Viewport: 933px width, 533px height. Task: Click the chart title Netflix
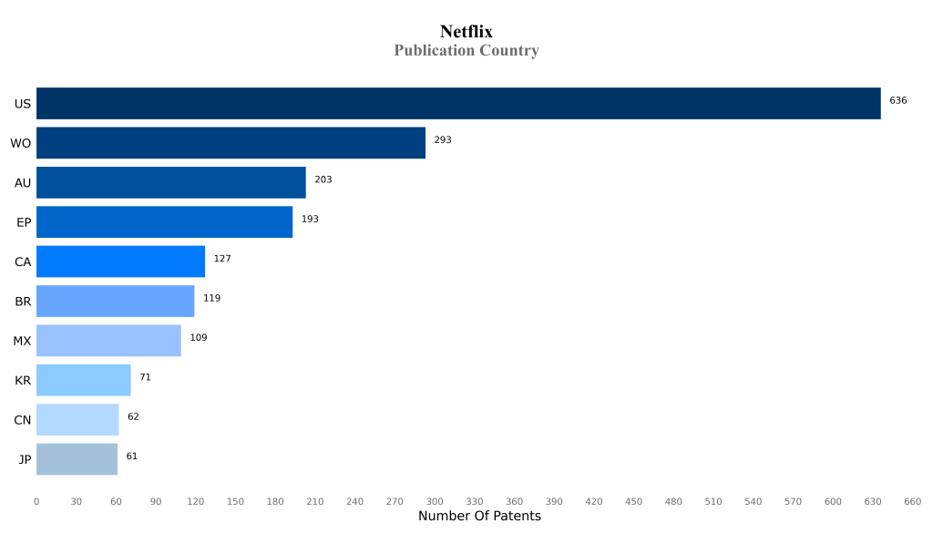pos(466,32)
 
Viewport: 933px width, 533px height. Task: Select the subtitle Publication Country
pos(466,51)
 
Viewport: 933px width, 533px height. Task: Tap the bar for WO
pos(231,143)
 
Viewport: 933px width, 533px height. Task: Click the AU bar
pos(171,182)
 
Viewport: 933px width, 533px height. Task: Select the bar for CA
pos(120,261)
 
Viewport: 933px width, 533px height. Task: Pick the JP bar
pos(77,459)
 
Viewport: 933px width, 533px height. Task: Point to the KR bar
pos(83,380)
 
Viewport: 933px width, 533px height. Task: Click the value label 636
pos(897,100)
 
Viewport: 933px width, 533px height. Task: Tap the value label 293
pos(443,140)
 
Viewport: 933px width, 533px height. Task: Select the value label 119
pos(211,298)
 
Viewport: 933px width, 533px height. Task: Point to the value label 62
pos(133,416)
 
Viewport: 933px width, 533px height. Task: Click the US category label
pos(23,104)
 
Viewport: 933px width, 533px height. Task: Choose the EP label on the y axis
pos(24,222)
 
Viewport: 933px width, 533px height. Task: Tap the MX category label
pos(22,341)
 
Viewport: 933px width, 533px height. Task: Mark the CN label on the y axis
pos(23,420)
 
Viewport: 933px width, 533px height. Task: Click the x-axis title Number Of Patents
pos(479,517)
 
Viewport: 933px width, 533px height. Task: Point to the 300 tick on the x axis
pos(435,501)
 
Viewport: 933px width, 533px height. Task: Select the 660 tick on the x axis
pos(912,501)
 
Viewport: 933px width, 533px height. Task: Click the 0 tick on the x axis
pos(36,501)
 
